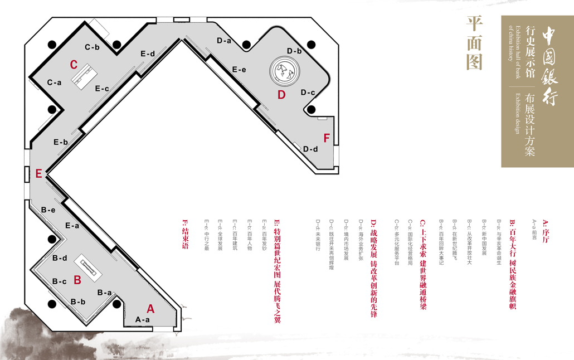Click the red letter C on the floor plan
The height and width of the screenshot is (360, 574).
[74, 65]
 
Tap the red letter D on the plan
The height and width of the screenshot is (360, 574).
[281, 95]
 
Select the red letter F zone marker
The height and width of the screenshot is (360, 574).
[327, 138]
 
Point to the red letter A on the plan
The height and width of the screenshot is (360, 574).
[150, 308]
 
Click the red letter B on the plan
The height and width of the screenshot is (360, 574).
[77, 280]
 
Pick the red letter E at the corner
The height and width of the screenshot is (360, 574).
[38, 174]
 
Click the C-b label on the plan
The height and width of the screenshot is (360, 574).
[93, 47]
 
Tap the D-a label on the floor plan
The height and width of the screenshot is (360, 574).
[224, 41]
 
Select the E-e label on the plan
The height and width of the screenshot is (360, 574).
[239, 70]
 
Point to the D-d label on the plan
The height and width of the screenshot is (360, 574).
[310, 149]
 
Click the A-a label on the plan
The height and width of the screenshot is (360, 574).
[143, 320]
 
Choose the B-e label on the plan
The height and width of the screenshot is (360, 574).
[48, 210]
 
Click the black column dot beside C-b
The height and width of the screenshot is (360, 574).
[116, 45]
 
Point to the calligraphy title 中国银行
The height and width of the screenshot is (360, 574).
[549, 66]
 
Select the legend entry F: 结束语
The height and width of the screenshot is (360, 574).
[185, 235]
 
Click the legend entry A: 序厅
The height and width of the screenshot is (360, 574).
[545, 229]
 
